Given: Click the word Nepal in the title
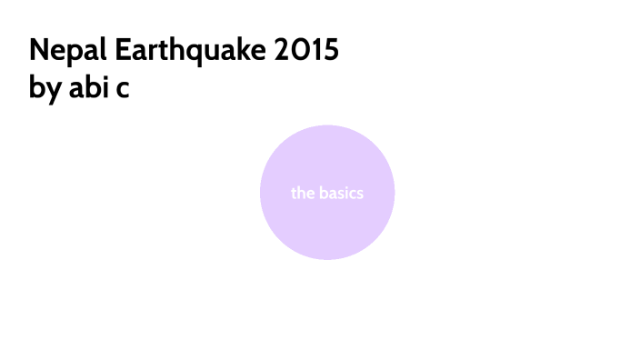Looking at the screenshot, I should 61,50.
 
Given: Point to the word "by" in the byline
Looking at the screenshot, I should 42,91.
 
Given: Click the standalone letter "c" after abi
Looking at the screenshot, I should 122,92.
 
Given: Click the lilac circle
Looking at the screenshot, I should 327,227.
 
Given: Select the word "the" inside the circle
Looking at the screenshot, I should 302,193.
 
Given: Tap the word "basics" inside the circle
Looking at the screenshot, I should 340,193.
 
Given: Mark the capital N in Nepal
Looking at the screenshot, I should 38,50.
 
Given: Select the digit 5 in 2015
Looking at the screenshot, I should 330,50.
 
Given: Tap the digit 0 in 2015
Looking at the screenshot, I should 297,50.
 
